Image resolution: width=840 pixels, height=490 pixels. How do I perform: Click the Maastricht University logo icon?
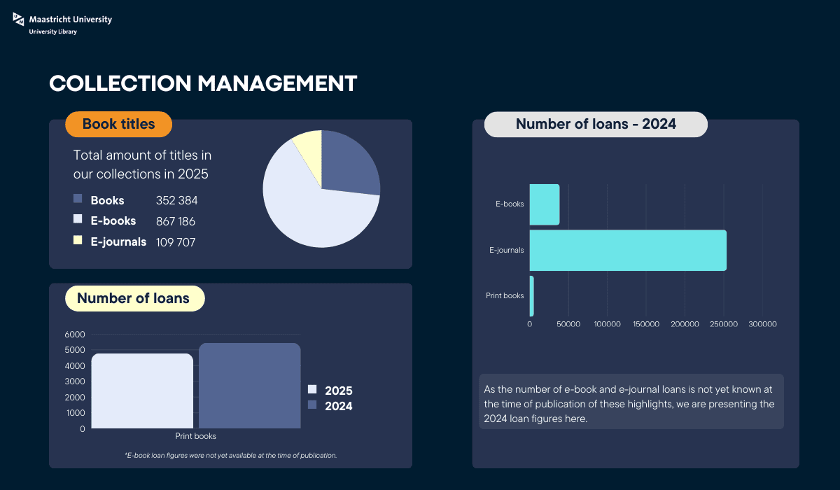(19, 21)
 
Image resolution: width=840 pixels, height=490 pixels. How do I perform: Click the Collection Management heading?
(203, 83)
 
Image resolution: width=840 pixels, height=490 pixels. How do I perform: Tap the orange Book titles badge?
(118, 124)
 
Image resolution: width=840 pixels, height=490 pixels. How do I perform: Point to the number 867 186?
(176, 221)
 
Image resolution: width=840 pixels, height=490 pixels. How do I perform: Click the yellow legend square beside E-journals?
(78, 241)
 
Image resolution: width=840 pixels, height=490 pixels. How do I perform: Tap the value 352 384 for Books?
(177, 200)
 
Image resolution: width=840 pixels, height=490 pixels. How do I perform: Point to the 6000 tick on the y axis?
(75, 335)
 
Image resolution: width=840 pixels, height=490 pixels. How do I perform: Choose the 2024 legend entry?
(331, 406)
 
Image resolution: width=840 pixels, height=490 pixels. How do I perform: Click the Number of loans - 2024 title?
(596, 124)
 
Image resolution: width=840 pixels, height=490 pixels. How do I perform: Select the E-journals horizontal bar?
(628, 250)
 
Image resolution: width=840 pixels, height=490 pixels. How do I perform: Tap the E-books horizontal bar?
(545, 204)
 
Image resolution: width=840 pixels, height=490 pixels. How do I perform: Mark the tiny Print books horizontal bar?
(531, 295)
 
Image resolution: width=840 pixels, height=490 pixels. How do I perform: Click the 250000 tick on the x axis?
(724, 324)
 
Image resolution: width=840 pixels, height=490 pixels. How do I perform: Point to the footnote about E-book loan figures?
(231, 455)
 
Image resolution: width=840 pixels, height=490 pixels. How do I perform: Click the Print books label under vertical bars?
(195, 436)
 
